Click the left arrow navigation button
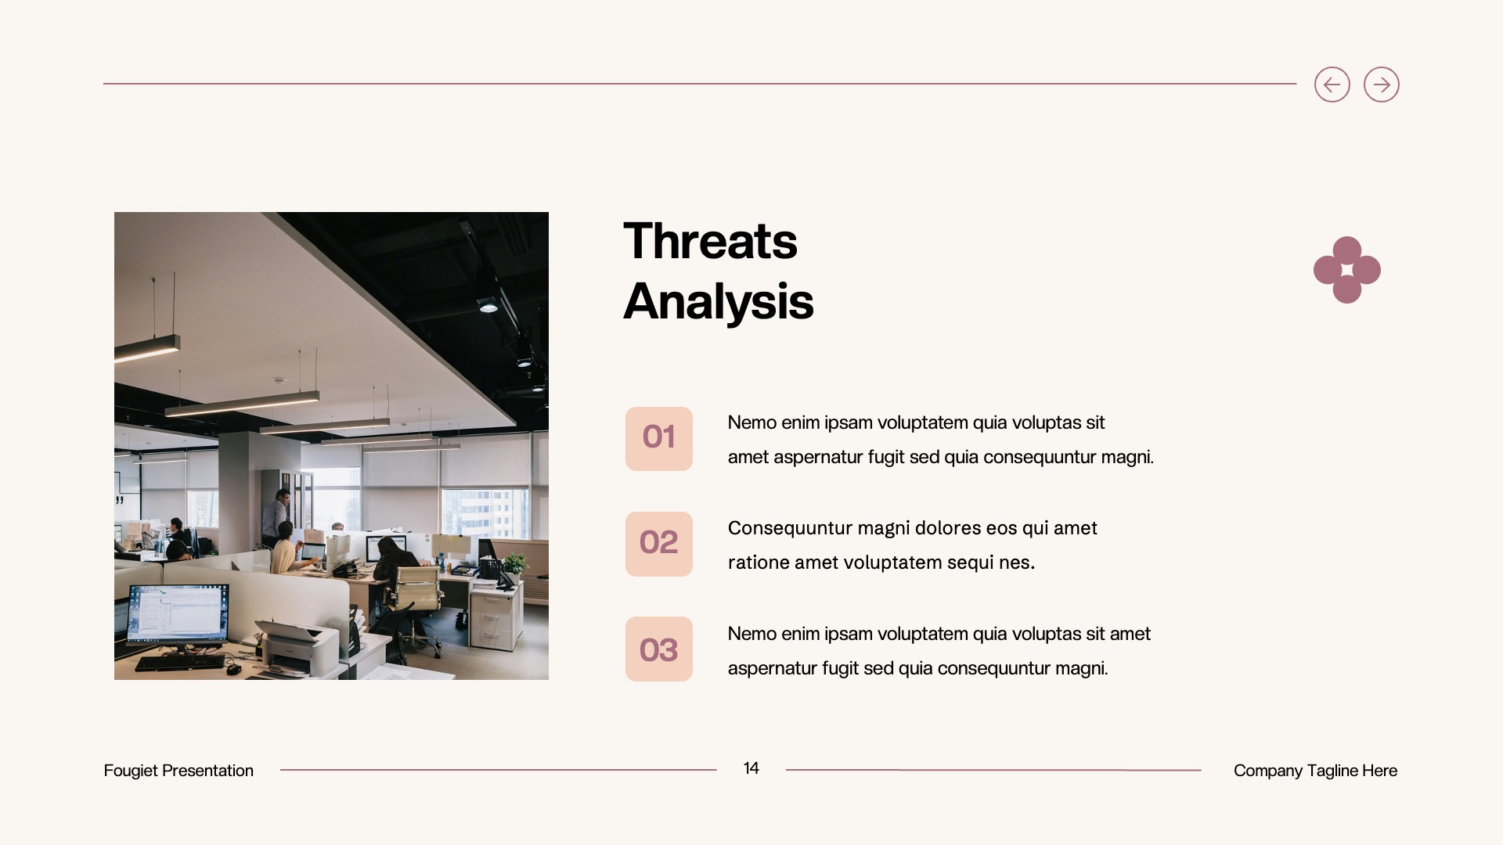1332,84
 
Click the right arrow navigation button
1381,84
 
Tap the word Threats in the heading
710,241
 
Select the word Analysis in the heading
718,301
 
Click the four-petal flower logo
1346,270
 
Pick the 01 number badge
658,438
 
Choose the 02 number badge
658,544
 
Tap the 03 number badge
658,649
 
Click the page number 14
751,768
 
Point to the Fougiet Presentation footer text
178,771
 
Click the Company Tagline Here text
1315,771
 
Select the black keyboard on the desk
180,663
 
